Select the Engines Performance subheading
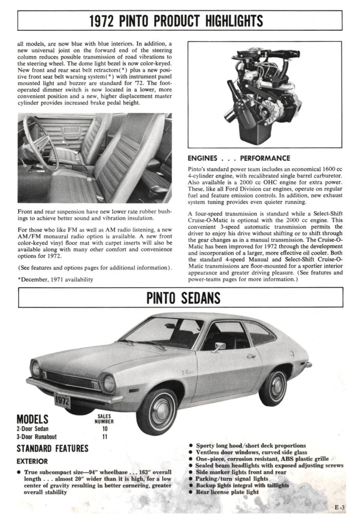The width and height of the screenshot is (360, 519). click(239, 158)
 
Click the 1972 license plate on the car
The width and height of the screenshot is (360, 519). click(62, 399)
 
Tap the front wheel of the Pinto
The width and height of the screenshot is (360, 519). click(157, 411)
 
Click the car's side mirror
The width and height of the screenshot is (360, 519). click(219, 347)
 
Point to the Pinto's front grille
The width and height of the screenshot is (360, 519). click(72, 380)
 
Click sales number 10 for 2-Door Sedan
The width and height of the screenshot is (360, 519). click(105, 428)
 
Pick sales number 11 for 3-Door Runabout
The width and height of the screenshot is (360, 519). click(105, 437)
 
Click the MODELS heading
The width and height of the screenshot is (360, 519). click(32, 419)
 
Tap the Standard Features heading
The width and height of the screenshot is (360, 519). click(52, 449)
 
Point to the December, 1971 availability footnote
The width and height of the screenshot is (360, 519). click(55, 279)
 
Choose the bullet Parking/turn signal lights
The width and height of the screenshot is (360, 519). click(232, 479)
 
